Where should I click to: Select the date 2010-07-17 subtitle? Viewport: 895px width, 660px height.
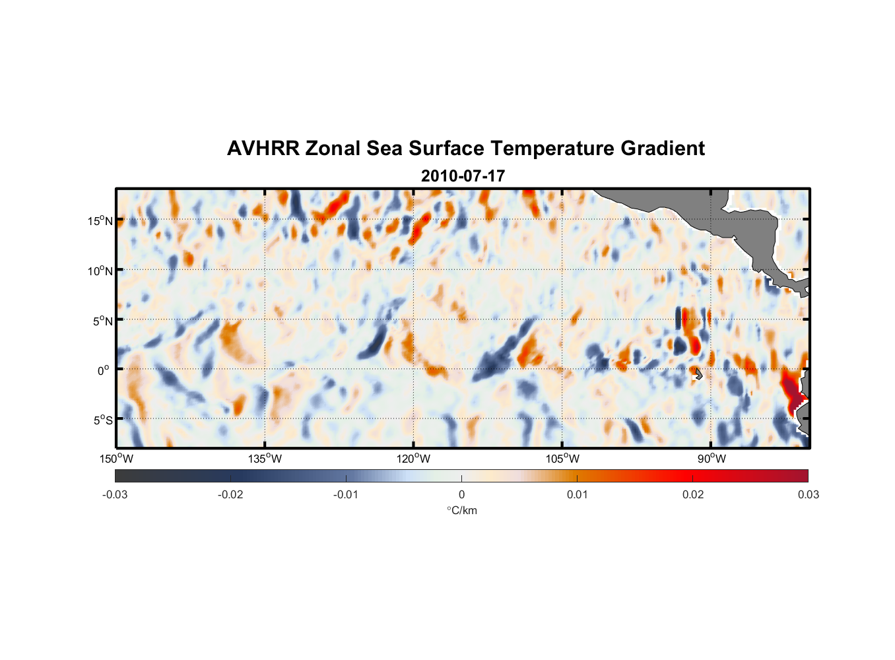click(463, 176)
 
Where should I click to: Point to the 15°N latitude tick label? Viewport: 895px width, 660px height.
click(100, 220)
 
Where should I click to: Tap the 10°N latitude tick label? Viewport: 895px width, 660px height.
click(100, 271)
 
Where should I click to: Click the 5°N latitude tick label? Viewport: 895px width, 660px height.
click(102, 321)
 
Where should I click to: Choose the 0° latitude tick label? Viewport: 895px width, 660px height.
click(104, 370)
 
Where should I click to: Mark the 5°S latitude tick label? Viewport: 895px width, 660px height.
click(102, 420)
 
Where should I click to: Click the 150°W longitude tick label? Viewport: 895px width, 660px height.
click(116, 459)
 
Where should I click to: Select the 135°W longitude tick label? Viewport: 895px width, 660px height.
click(265, 459)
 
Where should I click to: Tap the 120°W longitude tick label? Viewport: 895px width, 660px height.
click(414, 459)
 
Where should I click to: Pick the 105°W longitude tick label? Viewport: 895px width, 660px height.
click(562, 459)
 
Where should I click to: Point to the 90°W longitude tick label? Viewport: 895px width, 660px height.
click(712, 459)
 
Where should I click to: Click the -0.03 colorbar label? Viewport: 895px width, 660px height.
click(115, 494)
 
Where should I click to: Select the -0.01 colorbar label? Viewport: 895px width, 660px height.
click(346, 494)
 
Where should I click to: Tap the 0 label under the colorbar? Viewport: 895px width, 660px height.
click(461, 494)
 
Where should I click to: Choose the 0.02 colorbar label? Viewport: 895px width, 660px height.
click(693, 494)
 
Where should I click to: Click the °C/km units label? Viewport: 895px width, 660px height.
click(461, 510)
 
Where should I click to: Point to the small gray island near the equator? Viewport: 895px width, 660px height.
click(698, 374)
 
